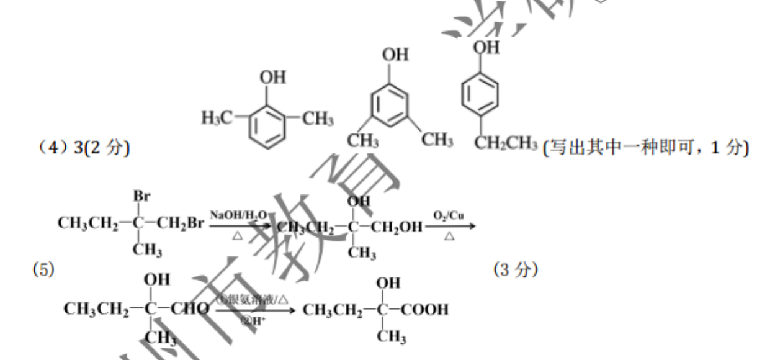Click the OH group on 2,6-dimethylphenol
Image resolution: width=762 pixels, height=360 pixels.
click(273, 78)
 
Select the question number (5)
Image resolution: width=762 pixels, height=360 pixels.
click(46, 271)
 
